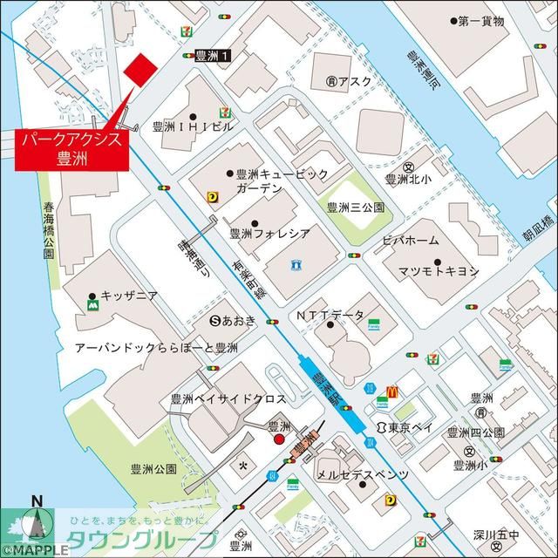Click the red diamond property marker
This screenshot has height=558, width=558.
[139, 70]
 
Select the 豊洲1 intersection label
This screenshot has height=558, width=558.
[213, 55]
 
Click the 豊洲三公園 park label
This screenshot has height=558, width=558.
[355, 208]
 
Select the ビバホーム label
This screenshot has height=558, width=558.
[410, 240]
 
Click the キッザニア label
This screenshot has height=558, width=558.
[128, 296]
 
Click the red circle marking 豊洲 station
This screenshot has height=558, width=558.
[279, 440]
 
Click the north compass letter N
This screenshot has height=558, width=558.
[37, 500]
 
